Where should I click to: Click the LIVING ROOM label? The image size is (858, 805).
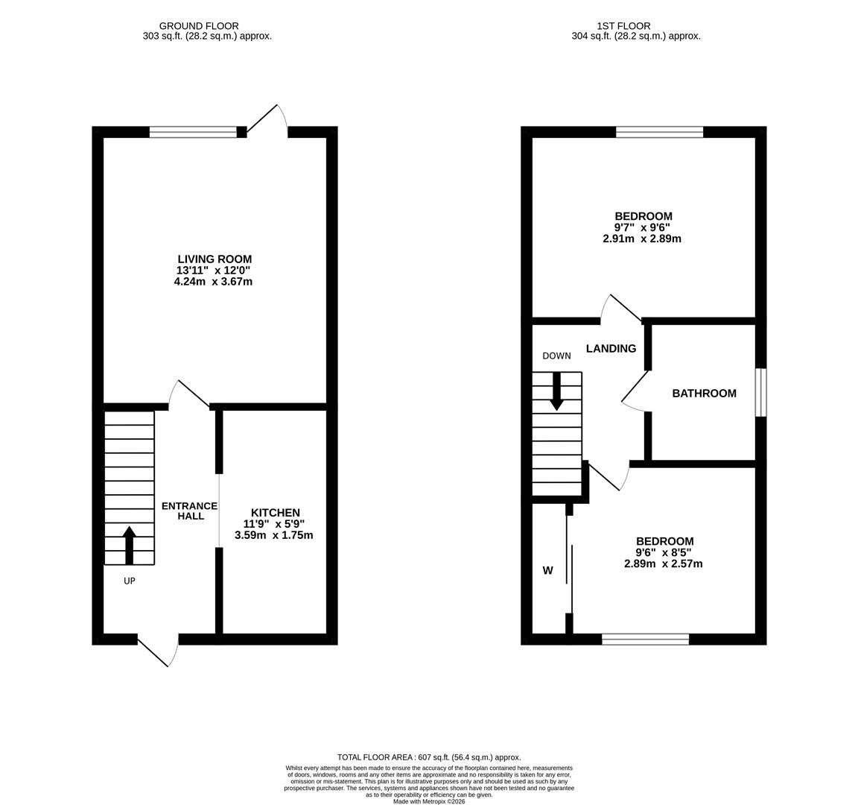point(214,259)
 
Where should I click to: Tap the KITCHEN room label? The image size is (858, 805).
point(276,513)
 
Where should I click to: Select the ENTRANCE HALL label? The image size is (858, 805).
point(189,511)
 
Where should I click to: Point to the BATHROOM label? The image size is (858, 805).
point(705,394)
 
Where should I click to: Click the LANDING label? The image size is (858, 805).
point(611,348)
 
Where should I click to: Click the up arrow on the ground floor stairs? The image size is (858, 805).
point(129,545)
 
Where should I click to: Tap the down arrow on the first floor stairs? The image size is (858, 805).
point(557,392)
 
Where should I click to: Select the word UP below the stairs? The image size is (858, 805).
point(129,581)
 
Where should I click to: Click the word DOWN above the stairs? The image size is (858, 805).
point(556,356)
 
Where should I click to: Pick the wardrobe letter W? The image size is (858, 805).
point(547,571)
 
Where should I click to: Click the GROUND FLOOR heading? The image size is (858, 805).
point(199,26)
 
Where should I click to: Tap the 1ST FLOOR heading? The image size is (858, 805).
point(624,26)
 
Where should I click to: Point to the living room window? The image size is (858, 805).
point(193,132)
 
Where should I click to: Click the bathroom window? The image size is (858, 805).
point(760,394)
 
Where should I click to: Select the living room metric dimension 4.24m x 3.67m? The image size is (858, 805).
point(214,282)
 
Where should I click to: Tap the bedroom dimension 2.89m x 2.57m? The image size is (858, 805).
point(663,563)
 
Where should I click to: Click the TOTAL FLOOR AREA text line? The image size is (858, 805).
point(429,757)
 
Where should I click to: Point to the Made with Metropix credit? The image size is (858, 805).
point(429,801)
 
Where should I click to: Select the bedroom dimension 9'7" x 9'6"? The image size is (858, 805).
point(643,227)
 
